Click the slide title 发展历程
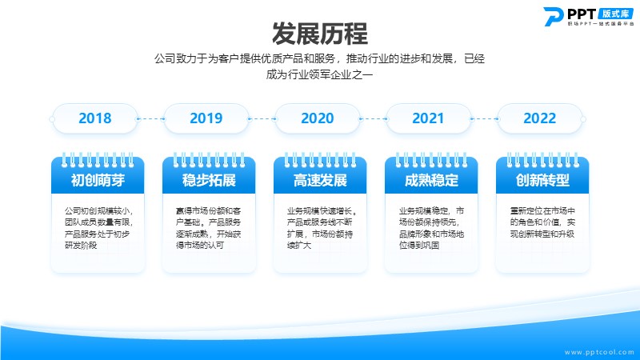[x=319, y=34]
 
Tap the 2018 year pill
[x=95, y=118]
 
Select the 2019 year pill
[x=206, y=118]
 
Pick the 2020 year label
[x=317, y=118]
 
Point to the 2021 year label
[x=428, y=118]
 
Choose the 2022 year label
[x=539, y=118]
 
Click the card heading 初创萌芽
[x=98, y=180]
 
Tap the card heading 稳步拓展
[x=209, y=180]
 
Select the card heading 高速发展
[x=320, y=180]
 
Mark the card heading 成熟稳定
[x=431, y=180]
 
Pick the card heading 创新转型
[x=542, y=180]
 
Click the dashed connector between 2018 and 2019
[x=150, y=118]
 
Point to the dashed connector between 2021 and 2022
[x=484, y=118]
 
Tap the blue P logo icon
[x=553, y=17]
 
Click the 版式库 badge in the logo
[x=615, y=14]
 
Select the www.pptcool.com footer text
[x=599, y=352]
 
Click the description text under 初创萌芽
[x=98, y=228]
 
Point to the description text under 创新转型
[x=542, y=222]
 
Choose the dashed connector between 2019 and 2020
[x=262, y=118]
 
